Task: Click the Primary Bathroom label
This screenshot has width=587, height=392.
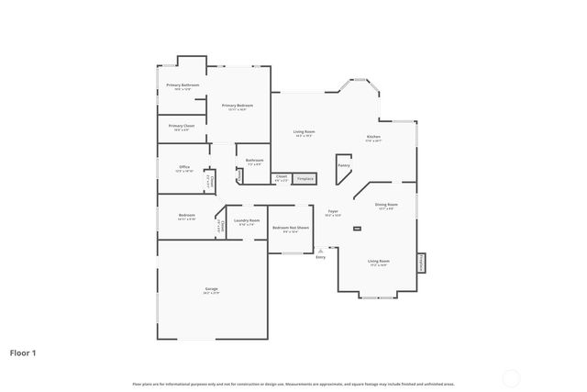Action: (x=182, y=85)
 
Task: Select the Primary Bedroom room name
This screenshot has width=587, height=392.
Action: (x=237, y=106)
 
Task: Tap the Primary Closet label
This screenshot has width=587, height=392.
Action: (x=182, y=126)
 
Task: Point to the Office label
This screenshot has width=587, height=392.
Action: (x=184, y=167)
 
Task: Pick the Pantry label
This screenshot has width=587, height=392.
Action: (x=344, y=165)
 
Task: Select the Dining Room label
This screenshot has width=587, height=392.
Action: (x=386, y=205)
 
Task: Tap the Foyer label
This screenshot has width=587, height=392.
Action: (x=333, y=212)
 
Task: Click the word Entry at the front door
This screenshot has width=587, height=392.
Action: (x=321, y=257)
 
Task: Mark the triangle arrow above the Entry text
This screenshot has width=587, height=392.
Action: (x=320, y=249)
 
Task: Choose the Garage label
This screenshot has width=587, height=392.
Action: (x=211, y=289)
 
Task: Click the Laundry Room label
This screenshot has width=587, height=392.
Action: (x=247, y=220)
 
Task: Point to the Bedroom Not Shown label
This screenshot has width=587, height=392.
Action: (x=291, y=228)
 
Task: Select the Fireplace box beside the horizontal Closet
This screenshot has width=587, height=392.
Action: (x=305, y=178)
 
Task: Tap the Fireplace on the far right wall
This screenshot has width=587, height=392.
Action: (x=422, y=263)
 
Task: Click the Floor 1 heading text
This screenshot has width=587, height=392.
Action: (x=23, y=352)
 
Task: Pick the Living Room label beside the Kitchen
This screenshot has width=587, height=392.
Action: (x=304, y=132)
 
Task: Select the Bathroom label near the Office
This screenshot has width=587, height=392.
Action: (x=254, y=161)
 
